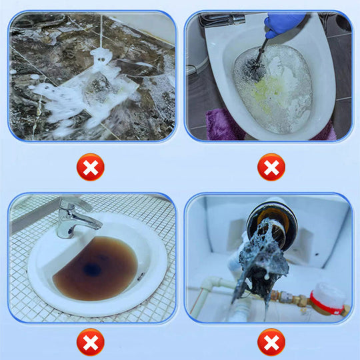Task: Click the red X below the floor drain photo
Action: point(90,167)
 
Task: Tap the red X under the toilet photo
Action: point(271,167)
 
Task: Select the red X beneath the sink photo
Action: point(90,342)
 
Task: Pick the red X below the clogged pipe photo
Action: point(271,342)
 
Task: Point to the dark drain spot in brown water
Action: point(92,270)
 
